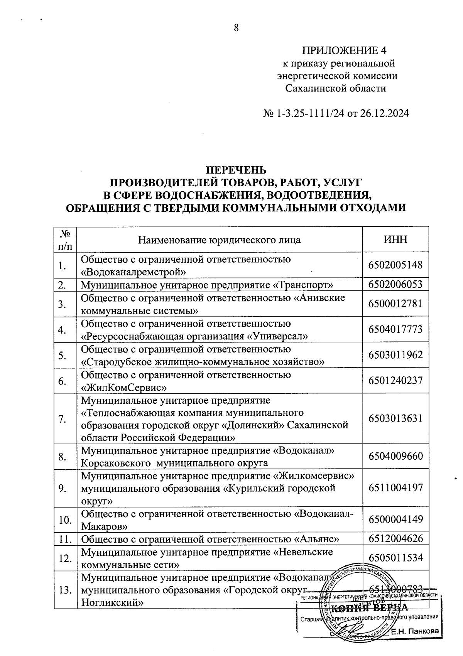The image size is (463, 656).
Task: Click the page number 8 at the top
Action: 237,27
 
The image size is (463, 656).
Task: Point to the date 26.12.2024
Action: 384,114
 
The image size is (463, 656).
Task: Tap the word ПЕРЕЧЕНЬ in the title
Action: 235,170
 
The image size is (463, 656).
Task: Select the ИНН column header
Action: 395,239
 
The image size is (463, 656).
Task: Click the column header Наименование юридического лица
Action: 220,240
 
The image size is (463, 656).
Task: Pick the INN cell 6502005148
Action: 395,265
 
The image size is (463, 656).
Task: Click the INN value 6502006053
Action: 395,285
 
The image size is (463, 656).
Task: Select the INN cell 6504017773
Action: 395,330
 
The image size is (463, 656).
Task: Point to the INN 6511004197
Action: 395,488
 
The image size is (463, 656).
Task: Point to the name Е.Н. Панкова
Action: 415,631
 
